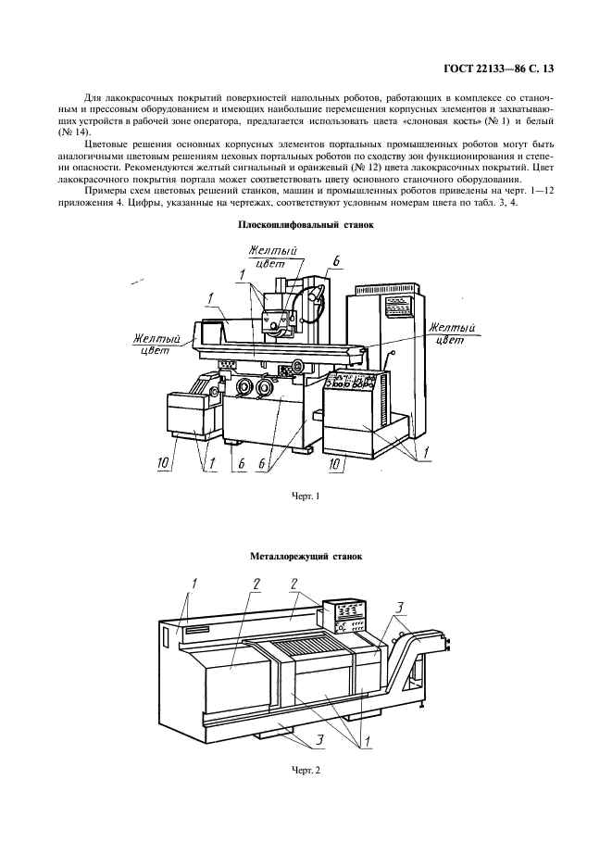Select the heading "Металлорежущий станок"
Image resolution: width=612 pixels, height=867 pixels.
[x=306, y=557]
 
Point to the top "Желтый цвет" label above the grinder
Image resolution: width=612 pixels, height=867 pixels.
[x=254, y=258]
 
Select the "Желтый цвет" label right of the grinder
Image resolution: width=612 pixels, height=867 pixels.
[x=452, y=333]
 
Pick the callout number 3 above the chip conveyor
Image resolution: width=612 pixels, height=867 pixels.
[x=399, y=608]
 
